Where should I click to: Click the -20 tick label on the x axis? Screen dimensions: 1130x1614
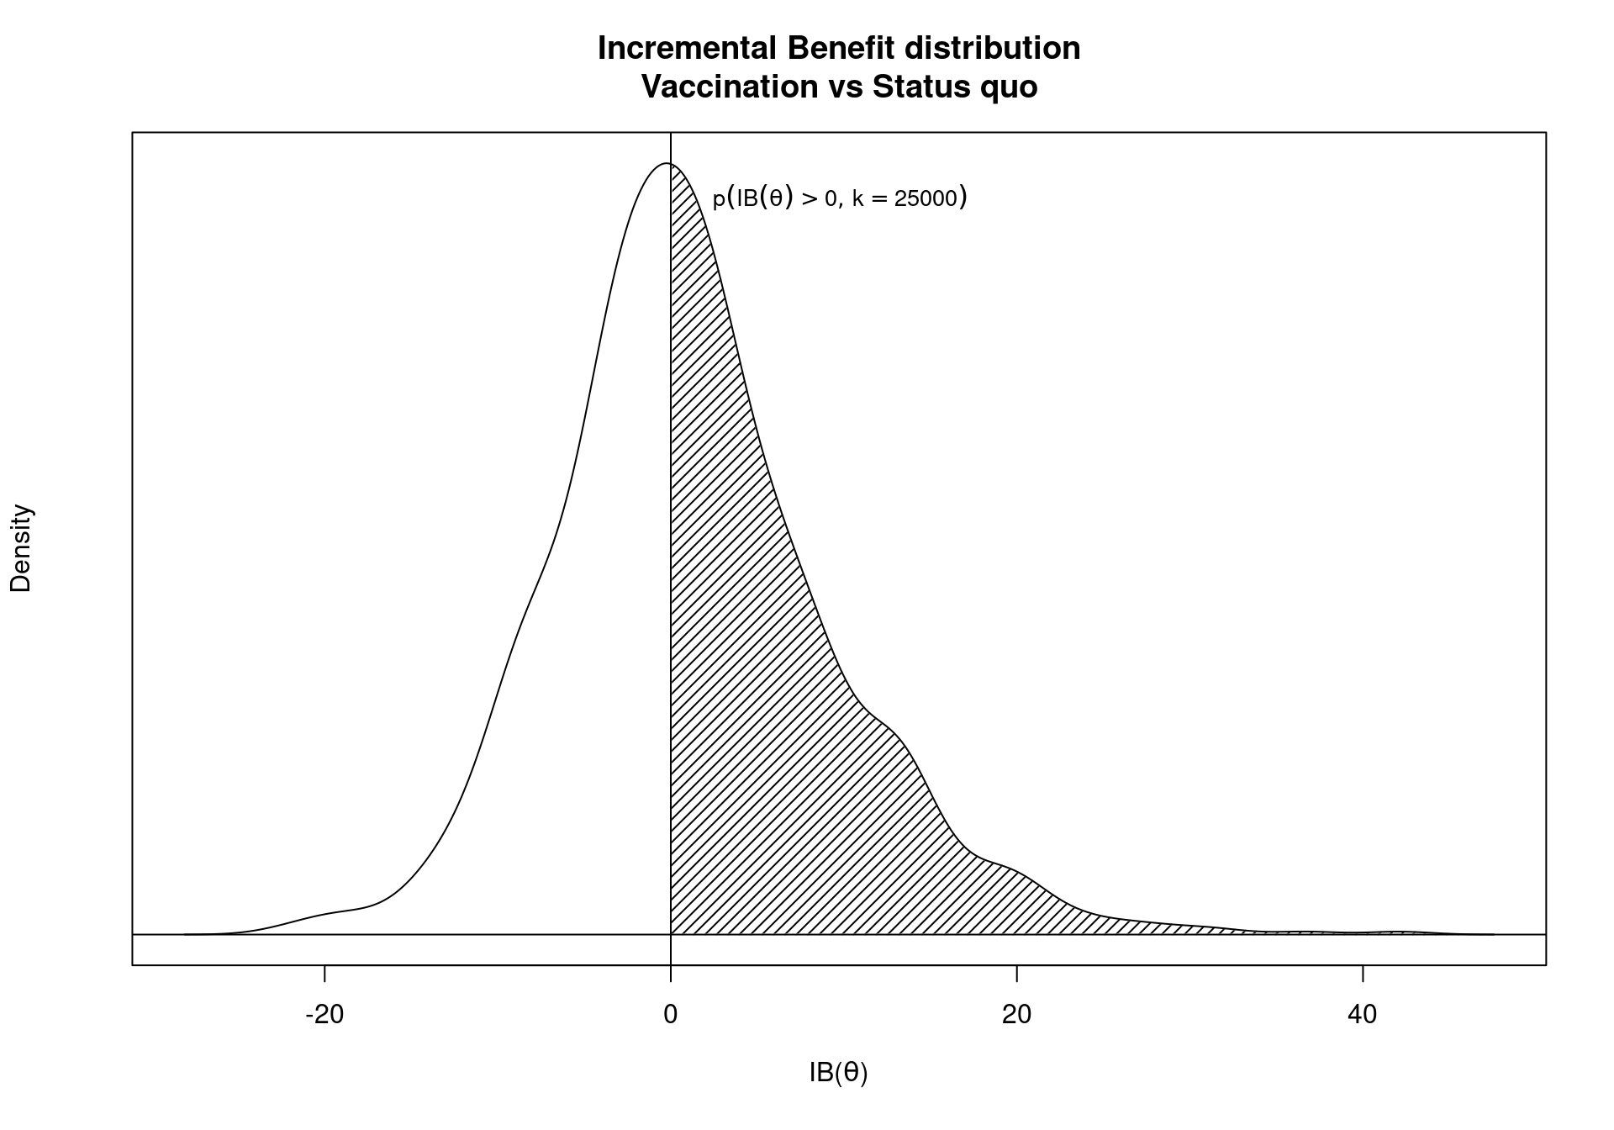point(324,1015)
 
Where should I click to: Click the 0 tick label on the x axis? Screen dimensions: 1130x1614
point(670,1015)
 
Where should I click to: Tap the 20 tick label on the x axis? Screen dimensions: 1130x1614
point(1016,1015)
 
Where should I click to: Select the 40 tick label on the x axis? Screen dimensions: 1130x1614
point(1362,1015)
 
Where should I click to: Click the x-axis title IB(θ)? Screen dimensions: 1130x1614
point(838,1073)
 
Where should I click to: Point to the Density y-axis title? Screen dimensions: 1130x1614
point(21,548)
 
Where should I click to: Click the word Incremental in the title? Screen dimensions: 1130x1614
point(688,49)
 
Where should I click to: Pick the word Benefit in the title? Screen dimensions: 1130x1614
point(841,49)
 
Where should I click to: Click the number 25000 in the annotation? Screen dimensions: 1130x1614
point(926,199)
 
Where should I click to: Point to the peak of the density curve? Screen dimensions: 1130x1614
point(666,163)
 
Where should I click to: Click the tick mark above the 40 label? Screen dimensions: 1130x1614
point(1363,973)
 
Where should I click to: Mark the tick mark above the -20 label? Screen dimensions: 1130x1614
point(324,973)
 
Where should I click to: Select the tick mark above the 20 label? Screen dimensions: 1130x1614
point(1016,973)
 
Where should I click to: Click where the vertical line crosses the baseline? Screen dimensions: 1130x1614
point(671,934)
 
